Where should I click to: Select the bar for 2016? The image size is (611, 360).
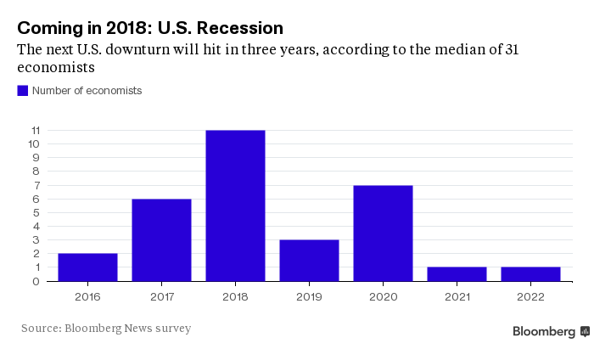click(x=87, y=267)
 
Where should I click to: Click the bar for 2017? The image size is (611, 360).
click(x=161, y=239)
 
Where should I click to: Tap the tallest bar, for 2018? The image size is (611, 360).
click(x=235, y=205)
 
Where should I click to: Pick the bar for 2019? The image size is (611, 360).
click(x=309, y=260)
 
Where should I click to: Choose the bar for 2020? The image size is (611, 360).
click(x=383, y=233)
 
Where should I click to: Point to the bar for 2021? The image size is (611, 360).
click(x=457, y=273)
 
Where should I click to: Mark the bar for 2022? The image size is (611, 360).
click(x=530, y=273)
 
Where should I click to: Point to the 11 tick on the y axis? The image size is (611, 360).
click(x=36, y=131)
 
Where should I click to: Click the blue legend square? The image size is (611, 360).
click(x=23, y=90)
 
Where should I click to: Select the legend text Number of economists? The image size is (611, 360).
click(x=87, y=90)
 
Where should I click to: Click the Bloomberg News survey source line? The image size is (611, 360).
click(x=106, y=328)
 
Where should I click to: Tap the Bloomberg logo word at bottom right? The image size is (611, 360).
click(x=544, y=332)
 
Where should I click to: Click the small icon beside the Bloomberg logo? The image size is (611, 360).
click(x=585, y=332)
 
